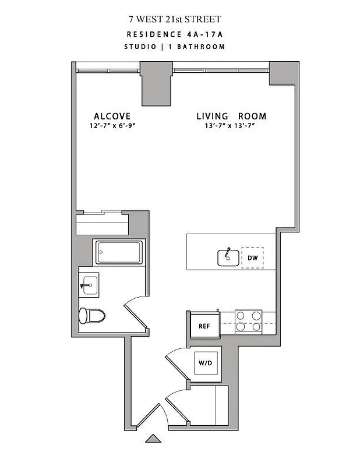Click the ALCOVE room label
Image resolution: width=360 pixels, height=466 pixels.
coord(112,116)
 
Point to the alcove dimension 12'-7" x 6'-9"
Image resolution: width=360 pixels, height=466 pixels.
coord(111,126)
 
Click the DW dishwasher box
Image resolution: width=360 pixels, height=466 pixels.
coord(252,257)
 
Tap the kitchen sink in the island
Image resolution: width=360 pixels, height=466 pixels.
coord(228,257)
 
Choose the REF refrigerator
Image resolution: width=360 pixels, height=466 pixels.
coord(204,326)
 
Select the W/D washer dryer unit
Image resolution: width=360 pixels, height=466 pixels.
coord(206,363)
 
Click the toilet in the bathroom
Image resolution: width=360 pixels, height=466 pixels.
coord(91,316)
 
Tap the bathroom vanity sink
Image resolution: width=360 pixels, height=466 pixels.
coord(89,285)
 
